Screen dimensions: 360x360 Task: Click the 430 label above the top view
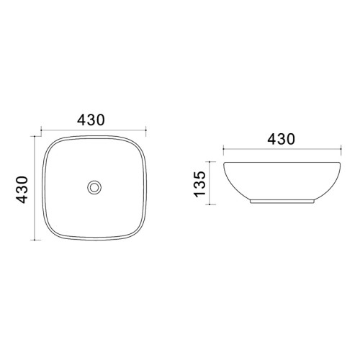coord(91,120)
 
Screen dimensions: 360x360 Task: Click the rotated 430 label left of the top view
coord(22,189)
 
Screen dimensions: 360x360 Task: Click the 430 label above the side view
coord(281,139)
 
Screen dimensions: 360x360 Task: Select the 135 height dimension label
coord(199,184)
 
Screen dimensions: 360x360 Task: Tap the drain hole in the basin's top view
coord(94,187)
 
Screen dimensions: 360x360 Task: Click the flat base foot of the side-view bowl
coord(282,202)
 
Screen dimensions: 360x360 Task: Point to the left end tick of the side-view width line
coord(223,149)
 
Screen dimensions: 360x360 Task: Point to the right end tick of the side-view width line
coord(341,149)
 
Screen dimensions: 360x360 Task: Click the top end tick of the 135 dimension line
coord(210,162)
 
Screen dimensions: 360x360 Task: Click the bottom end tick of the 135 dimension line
coord(210,204)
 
